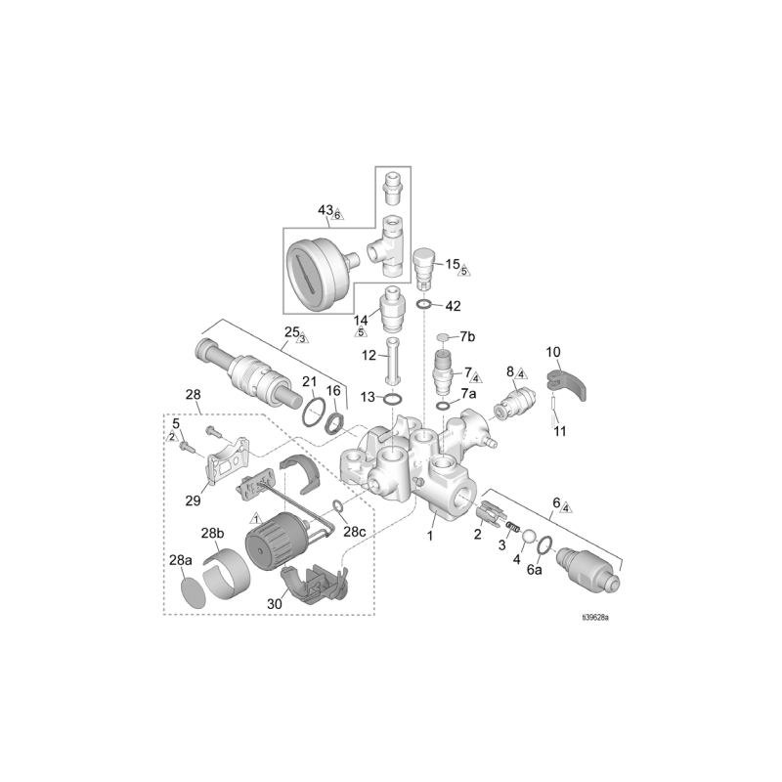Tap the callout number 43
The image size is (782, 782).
point(326,210)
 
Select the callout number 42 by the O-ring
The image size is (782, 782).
point(453,306)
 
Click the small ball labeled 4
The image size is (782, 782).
point(527,537)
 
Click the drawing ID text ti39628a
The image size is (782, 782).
point(601,618)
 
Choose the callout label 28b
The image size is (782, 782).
point(213,533)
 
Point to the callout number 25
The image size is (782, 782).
point(291,332)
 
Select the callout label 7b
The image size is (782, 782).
point(467,337)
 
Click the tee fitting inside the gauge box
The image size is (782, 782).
point(388,244)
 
